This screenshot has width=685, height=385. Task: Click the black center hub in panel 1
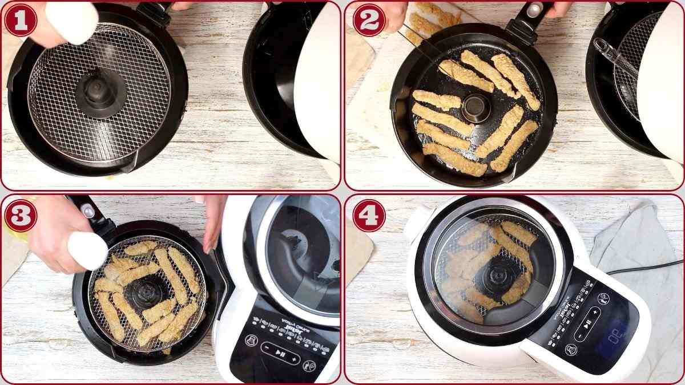coord(98,91)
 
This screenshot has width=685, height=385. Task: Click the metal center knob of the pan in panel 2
coord(476,107)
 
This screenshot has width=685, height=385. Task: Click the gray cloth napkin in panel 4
coord(634,240)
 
